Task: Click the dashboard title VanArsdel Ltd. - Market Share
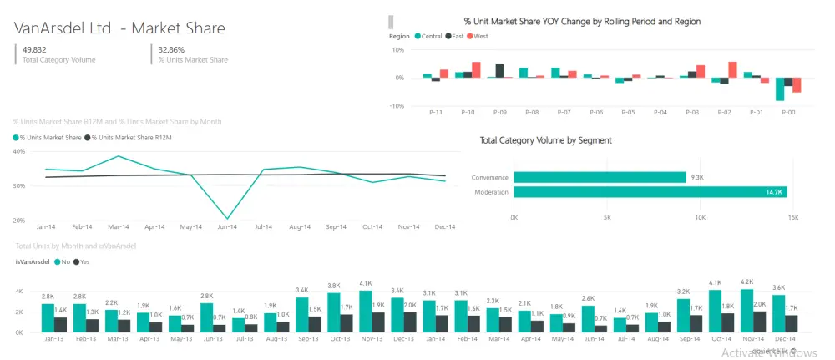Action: [x=119, y=28]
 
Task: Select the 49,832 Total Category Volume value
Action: [x=34, y=49]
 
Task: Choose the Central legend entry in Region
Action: [x=428, y=36]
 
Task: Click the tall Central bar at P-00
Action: [x=780, y=89]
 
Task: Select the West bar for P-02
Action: [x=732, y=69]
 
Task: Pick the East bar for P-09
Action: [x=499, y=71]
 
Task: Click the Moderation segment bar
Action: [x=650, y=192]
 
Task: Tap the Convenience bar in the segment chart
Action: [x=600, y=177]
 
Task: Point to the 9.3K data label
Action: [x=697, y=177]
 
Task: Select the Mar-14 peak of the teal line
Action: [x=119, y=156]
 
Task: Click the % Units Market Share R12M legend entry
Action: [x=131, y=137]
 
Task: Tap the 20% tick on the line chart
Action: [x=19, y=221]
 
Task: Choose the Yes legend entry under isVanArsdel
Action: [x=82, y=261]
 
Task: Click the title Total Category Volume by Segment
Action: [x=545, y=140]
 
